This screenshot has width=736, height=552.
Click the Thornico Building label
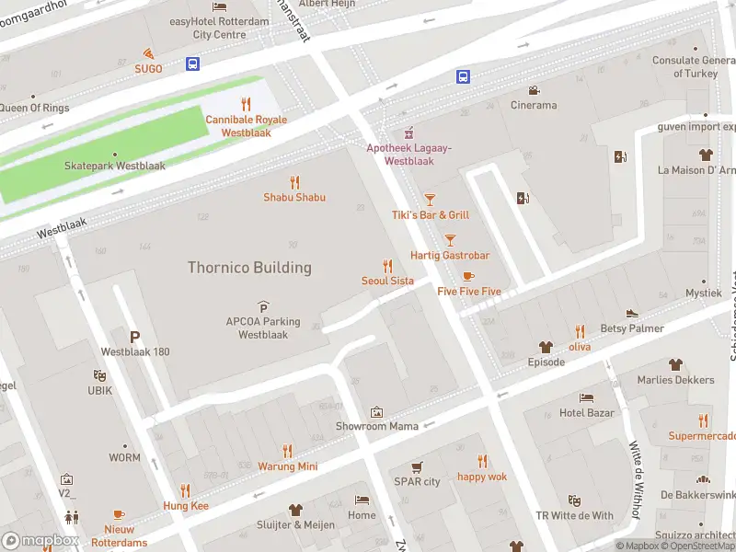point(249,268)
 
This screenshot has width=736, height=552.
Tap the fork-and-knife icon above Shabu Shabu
point(294,182)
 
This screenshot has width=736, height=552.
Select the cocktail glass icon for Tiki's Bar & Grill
point(430,200)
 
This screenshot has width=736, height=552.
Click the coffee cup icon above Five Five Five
point(468,276)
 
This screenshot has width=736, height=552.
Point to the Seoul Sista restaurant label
point(387,281)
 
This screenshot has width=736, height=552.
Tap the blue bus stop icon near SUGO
point(193,63)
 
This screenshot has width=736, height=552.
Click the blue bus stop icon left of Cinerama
point(464,77)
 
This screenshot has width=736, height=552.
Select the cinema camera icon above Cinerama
point(534,90)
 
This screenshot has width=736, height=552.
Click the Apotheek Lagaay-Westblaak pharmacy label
point(408,155)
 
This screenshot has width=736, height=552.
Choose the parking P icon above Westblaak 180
point(135,338)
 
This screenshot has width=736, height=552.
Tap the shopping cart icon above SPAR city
point(417,466)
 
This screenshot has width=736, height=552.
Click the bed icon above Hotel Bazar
point(587,397)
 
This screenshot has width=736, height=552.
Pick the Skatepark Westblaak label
point(115,167)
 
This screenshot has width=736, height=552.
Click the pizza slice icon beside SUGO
point(148,53)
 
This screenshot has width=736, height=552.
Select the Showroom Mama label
point(376,426)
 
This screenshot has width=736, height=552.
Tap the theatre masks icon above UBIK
point(99,375)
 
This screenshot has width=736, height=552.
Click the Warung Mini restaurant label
point(287,466)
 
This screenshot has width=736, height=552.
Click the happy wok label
point(482,477)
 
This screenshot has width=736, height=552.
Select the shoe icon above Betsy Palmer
point(632,314)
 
